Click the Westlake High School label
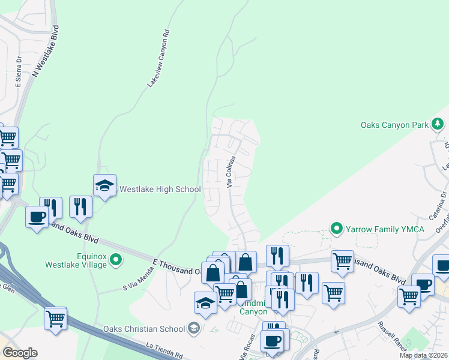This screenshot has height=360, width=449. click(160, 190)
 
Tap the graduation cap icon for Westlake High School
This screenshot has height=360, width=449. click(104, 186)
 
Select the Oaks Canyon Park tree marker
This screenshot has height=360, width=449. click(438, 124)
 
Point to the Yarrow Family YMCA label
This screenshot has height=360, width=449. click(386, 229)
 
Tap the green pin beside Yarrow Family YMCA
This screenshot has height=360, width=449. click(337, 229)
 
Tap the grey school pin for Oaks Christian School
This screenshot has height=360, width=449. click(193, 328)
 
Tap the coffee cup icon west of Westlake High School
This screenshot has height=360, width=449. click(37, 217)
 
